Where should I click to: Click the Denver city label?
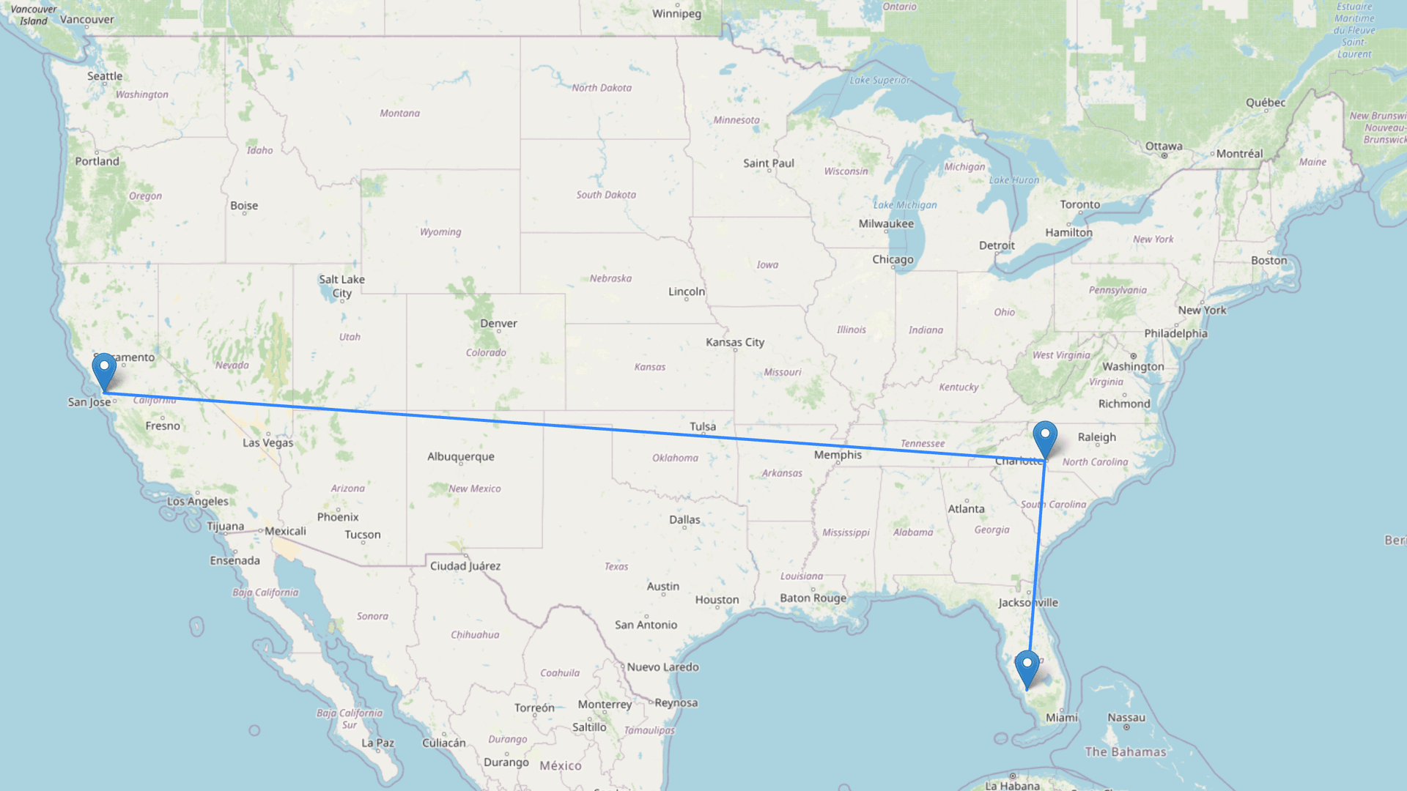point(498,323)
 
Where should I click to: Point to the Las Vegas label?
point(267,442)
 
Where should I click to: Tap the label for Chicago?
point(893,259)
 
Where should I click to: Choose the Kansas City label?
point(734,342)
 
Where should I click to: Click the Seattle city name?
point(105,76)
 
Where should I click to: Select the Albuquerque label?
point(460,456)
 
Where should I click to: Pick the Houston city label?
point(717,600)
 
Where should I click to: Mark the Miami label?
point(1061,718)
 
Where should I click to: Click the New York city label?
point(1202,310)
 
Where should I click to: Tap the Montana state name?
point(399,113)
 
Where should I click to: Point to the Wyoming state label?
point(440,232)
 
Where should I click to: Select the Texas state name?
point(616,566)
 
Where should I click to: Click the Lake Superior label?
point(879,80)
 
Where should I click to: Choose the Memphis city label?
point(838,455)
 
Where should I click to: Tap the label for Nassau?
point(1126,718)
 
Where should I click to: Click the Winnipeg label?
point(676,14)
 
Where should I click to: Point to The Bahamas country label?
point(1125,751)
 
